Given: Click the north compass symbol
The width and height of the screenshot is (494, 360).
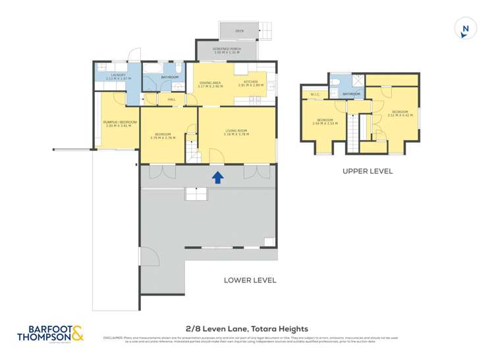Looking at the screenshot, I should click(465, 29).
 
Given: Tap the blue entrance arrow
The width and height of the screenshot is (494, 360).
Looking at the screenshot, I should click(217, 176).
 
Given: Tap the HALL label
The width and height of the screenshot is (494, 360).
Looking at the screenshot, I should click(171, 99).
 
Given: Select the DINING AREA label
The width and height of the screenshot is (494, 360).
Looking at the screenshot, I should click(211, 83).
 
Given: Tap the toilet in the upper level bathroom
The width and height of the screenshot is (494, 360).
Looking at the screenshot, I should click(336, 82).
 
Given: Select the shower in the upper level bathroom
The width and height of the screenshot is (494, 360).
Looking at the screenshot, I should click(357, 81).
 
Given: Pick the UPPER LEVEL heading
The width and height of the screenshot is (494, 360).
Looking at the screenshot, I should click(367, 171).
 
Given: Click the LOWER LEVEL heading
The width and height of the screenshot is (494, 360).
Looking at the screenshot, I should click(250, 280).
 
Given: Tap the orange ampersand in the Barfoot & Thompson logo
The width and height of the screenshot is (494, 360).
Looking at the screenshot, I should click(77, 335).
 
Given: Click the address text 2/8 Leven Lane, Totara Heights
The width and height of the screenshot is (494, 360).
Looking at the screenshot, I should click(247, 328).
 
